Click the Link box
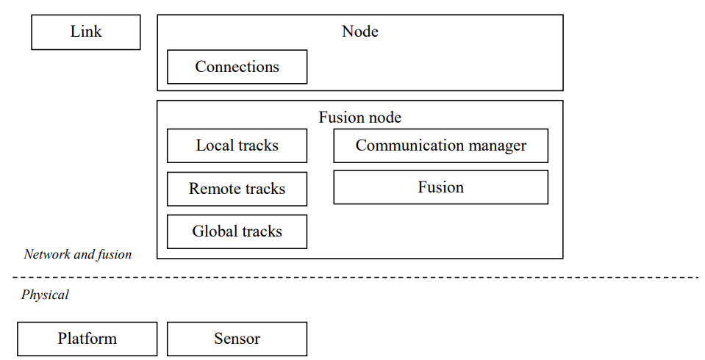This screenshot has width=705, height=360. click(x=86, y=32)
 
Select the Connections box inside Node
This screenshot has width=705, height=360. click(x=237, y=67)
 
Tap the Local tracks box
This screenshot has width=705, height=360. click(x=237, y=145)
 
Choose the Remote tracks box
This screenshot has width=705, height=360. click(x=237, y=189)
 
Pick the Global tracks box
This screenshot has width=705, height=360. click(x=237, y=231)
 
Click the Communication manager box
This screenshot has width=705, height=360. click(x=440, y=145)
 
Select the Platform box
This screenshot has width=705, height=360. click(x=87, y=339)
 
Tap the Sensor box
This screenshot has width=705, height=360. click(x=237, y=339)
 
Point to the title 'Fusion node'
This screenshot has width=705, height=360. click(x=360, y=118)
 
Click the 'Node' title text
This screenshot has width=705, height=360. click(x=360, y=32)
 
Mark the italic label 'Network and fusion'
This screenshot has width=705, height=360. click(x=78, y=254)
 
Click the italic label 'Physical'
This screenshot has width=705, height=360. click(x=45, y=295)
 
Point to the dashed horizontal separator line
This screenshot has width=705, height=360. click(x=355, y=277)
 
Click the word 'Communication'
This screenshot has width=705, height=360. click(x=409, y=145)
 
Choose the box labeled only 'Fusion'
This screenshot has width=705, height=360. click(x=440, y=187)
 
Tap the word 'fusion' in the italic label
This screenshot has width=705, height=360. click(x=114, y=255)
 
